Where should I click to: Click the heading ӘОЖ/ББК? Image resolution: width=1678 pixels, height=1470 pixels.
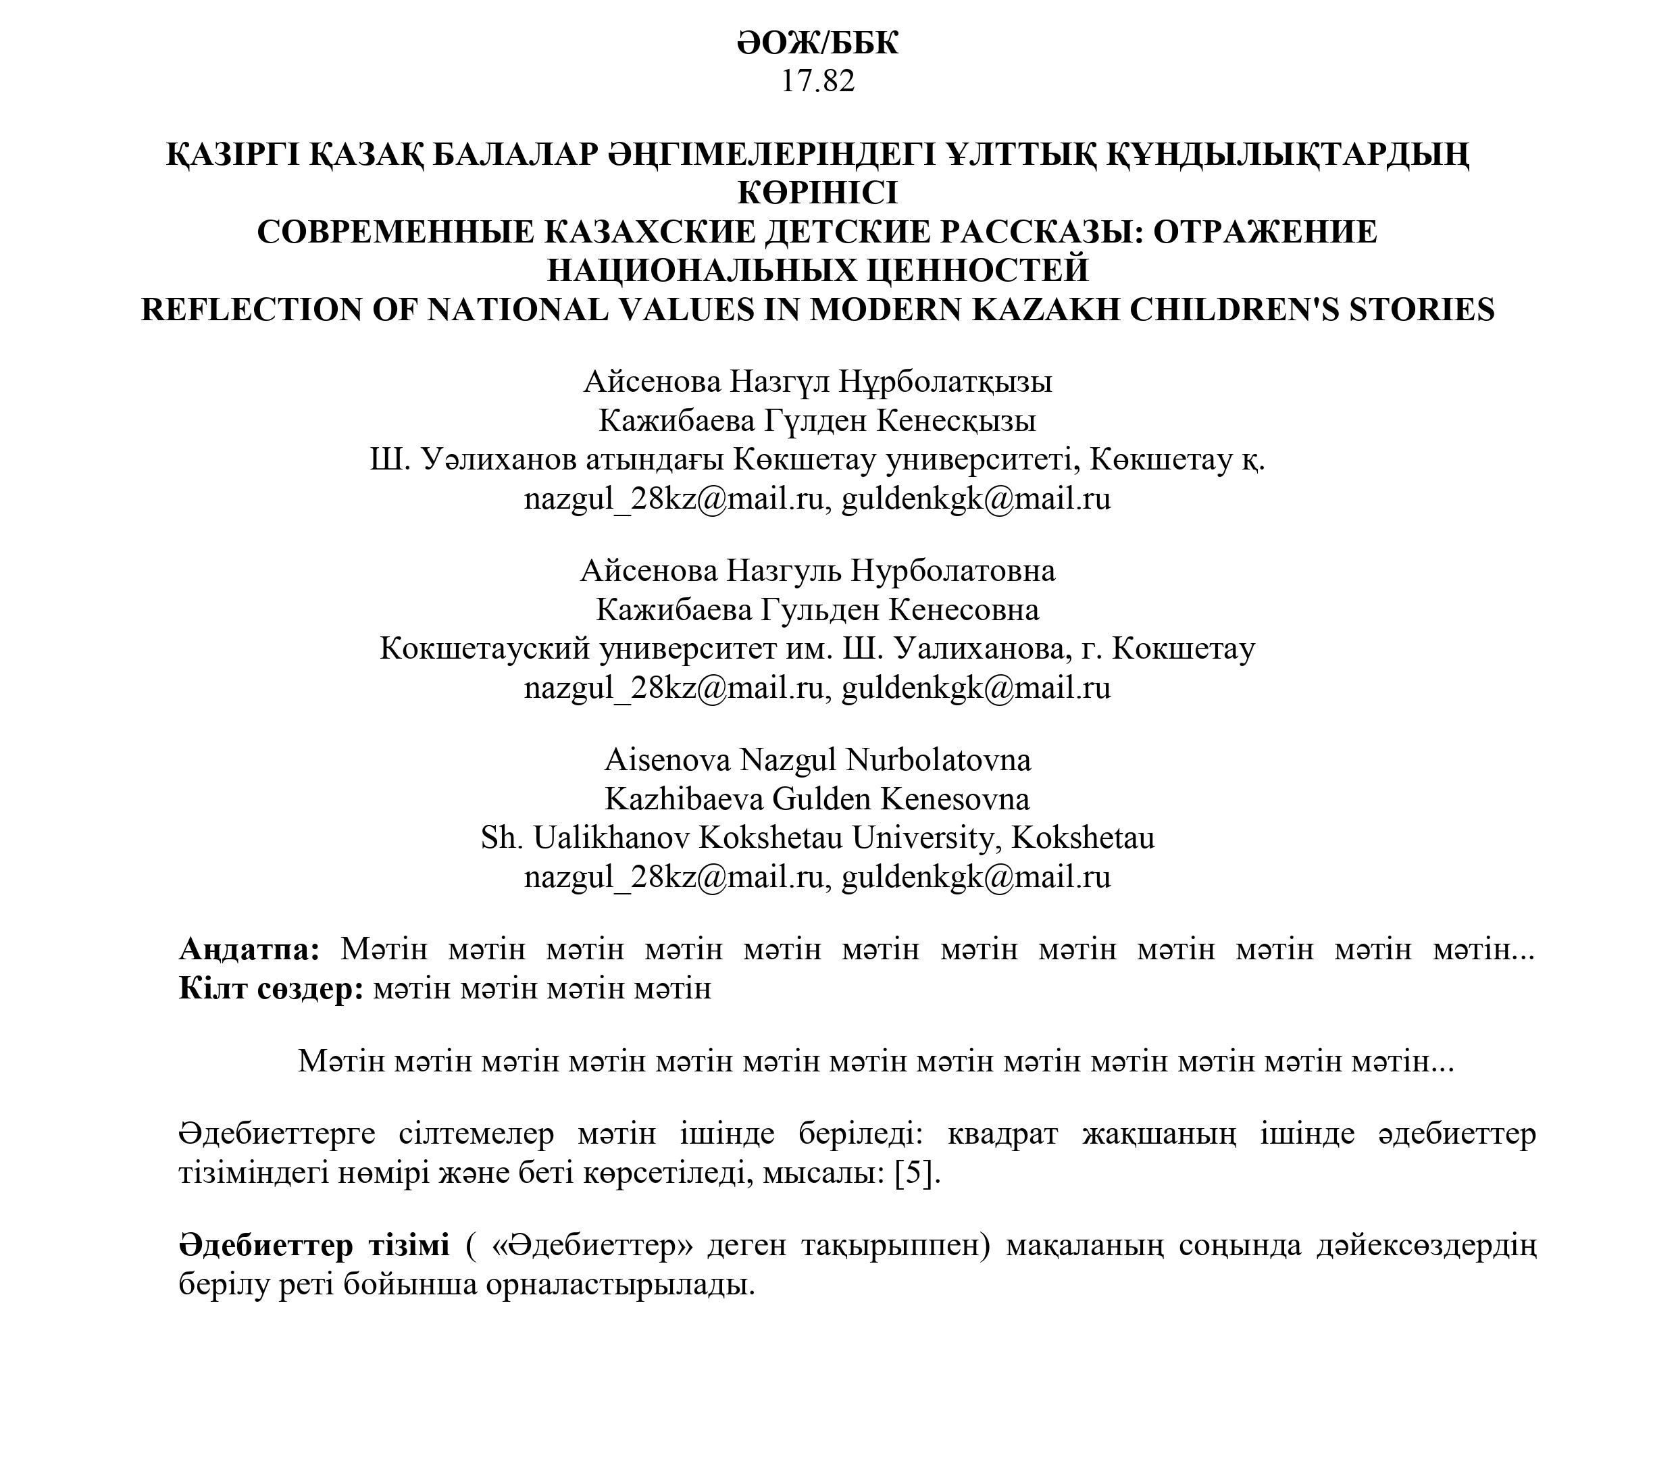coord(817,43)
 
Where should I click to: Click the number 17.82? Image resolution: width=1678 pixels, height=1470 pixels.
coord(817,81)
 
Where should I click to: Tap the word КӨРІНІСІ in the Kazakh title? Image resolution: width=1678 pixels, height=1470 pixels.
coord(817,193)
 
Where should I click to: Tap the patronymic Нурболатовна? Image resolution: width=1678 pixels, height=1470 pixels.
coord(953,571)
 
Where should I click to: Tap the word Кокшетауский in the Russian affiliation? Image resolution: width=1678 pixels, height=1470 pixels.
coord(485,649)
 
